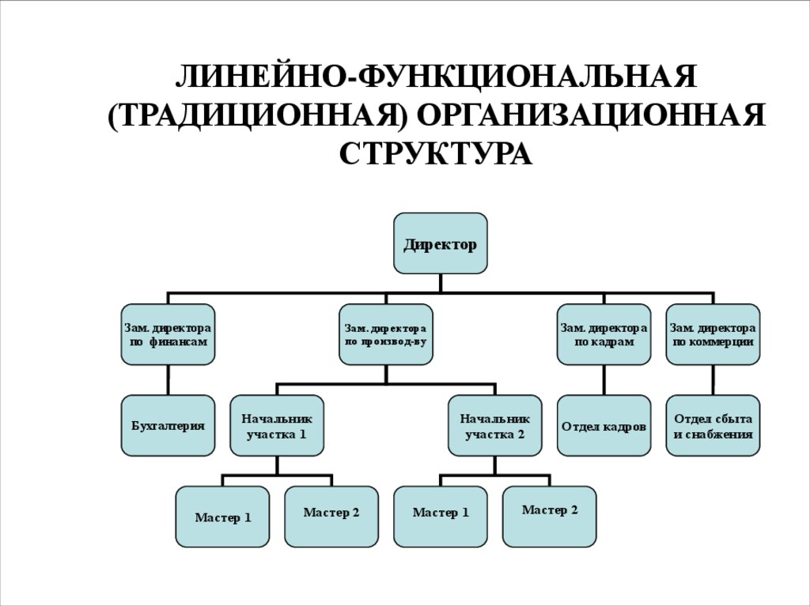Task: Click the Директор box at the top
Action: point(441,243)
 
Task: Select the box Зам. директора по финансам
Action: point(168,334)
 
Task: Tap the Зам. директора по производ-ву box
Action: point(386,334)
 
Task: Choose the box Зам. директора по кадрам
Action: point(604,334)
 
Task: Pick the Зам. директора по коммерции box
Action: point(713,334)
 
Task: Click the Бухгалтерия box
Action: point(168,425)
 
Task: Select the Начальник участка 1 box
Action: point(277,425)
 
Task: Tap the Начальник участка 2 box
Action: point(495,425)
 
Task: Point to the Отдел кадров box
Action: point(604,425)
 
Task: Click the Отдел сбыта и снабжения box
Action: point(713,425)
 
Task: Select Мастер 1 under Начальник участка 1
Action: point(222,517)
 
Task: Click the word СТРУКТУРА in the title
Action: point(436,153)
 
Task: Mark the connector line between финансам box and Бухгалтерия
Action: point(168,380)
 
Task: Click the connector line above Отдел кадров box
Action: point(604,380)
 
